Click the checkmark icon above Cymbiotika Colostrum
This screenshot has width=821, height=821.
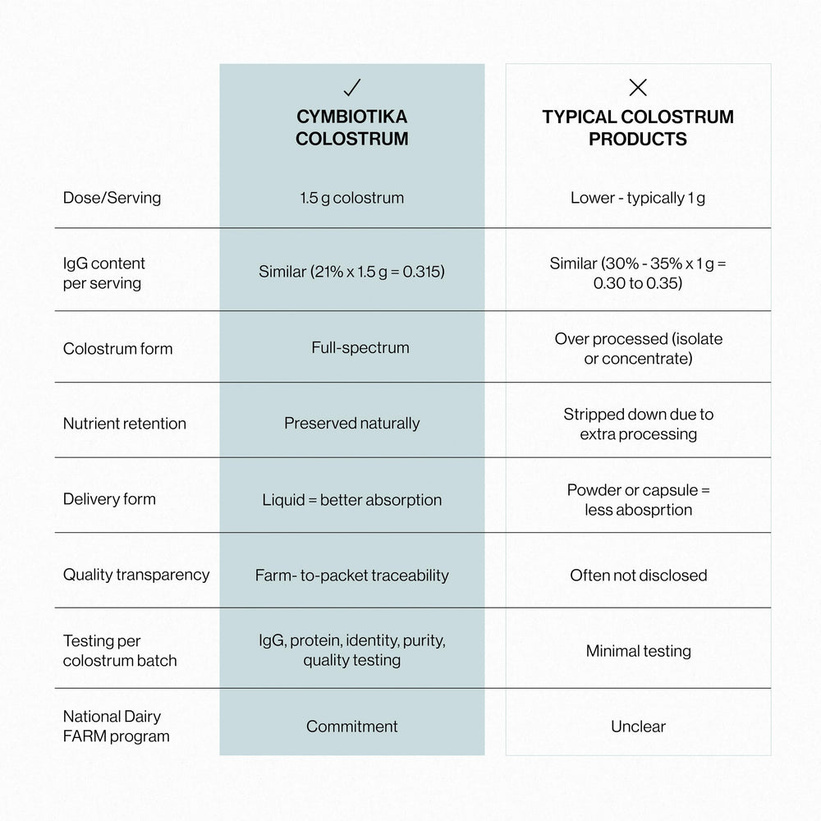[352, 87]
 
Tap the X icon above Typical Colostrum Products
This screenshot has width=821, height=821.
[638, 87]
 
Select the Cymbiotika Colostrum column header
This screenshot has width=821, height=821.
[352, 127]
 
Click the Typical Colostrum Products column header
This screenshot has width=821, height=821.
[638, 127]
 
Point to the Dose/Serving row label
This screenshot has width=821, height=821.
[112, 198]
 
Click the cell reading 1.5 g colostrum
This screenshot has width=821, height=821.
[352, 198]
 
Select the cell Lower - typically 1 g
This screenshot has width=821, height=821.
[638, 198]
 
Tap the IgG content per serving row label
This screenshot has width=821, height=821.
[104, 273]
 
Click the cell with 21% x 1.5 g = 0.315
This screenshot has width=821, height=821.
[352, 272]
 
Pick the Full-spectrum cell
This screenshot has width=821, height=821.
[352, 347]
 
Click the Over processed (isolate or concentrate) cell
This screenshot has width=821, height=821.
[638, 349]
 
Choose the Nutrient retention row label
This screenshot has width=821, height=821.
[125, 424]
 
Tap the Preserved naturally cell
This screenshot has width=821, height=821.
[352, 424]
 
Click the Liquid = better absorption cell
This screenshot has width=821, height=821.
[352, 500]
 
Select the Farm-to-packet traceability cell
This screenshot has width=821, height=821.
[352, 576]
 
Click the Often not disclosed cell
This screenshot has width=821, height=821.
[638, 576]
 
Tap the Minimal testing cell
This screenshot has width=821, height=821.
[638, 651]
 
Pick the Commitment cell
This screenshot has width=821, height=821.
[352, 727]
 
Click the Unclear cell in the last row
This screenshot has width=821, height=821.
[638, 727]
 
